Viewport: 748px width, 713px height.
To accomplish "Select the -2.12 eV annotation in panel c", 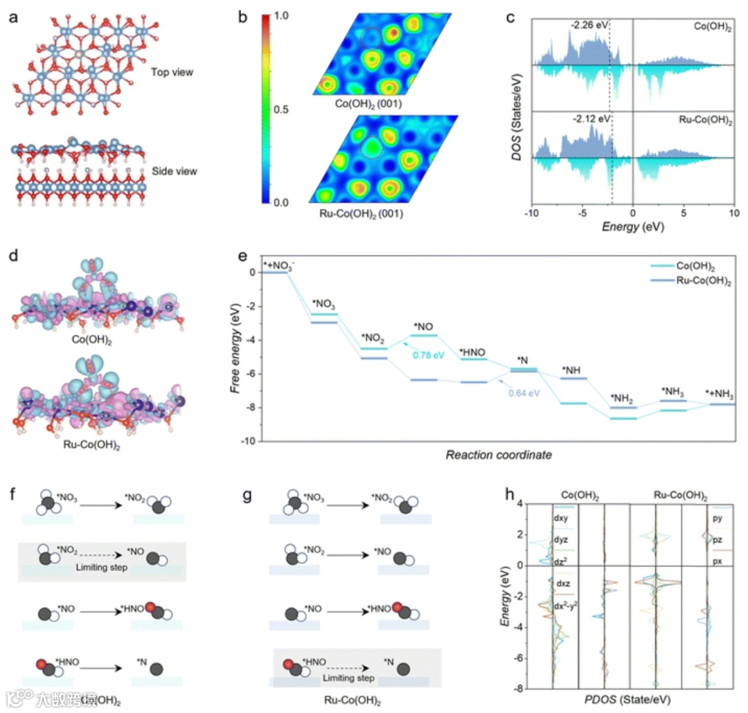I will coord(592,118).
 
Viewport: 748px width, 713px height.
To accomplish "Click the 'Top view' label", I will coord(172,71).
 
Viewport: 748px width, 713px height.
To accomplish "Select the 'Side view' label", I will coord(174,170).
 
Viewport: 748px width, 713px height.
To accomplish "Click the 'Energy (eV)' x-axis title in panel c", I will coord(632,226).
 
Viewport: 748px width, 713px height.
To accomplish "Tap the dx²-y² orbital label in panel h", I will coord(566,607).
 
